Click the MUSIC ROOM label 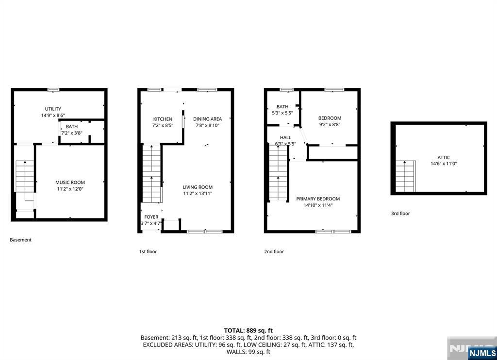[x=70, y=182]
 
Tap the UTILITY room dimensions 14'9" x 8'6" [x=53, y=115]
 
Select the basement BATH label [x=71, y=127]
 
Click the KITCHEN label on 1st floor [x=163, y=119]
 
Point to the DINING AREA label [x=207, y=119]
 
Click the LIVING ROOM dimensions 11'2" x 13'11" [x=198, y=193]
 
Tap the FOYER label [x=151, y=217]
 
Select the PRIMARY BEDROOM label [x=318, y=199]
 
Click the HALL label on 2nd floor [x=285, y=138]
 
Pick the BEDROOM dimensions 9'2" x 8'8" [x=330, y=124]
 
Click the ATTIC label [x=444, y=158]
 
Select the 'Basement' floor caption [x=21, y=240]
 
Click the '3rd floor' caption [x=400, y=213]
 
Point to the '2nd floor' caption [x=274, y=252]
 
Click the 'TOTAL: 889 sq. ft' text [x=248, y=330]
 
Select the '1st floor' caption [x=148, y=252]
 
